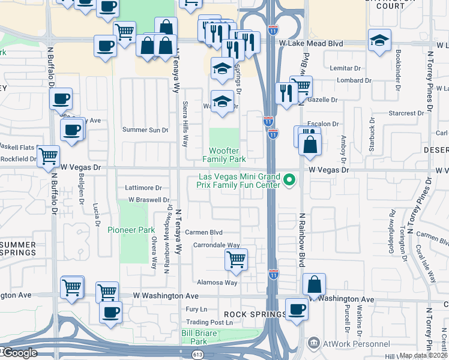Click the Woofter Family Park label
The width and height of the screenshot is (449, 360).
[x=224, y=155]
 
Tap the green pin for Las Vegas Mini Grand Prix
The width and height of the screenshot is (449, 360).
[x=289, y=179]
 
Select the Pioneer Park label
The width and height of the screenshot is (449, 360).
[x=131, y=230]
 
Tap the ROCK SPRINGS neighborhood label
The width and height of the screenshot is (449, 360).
[x=256, y=314]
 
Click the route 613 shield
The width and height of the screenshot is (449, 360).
[x=198, y=355]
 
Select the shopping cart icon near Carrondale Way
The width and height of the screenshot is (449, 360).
[x=237, y=259]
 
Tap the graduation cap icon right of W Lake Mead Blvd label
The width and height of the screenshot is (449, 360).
[x=379, y=40]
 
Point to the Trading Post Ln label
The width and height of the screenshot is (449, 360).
[x=208, y=322]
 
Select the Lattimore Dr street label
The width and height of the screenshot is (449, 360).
[x=143, y=188]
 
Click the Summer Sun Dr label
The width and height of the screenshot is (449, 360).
[x=145, y=130]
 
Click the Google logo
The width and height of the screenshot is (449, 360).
[x=19, y=353]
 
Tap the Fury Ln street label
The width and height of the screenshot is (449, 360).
[x=196, y=309]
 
